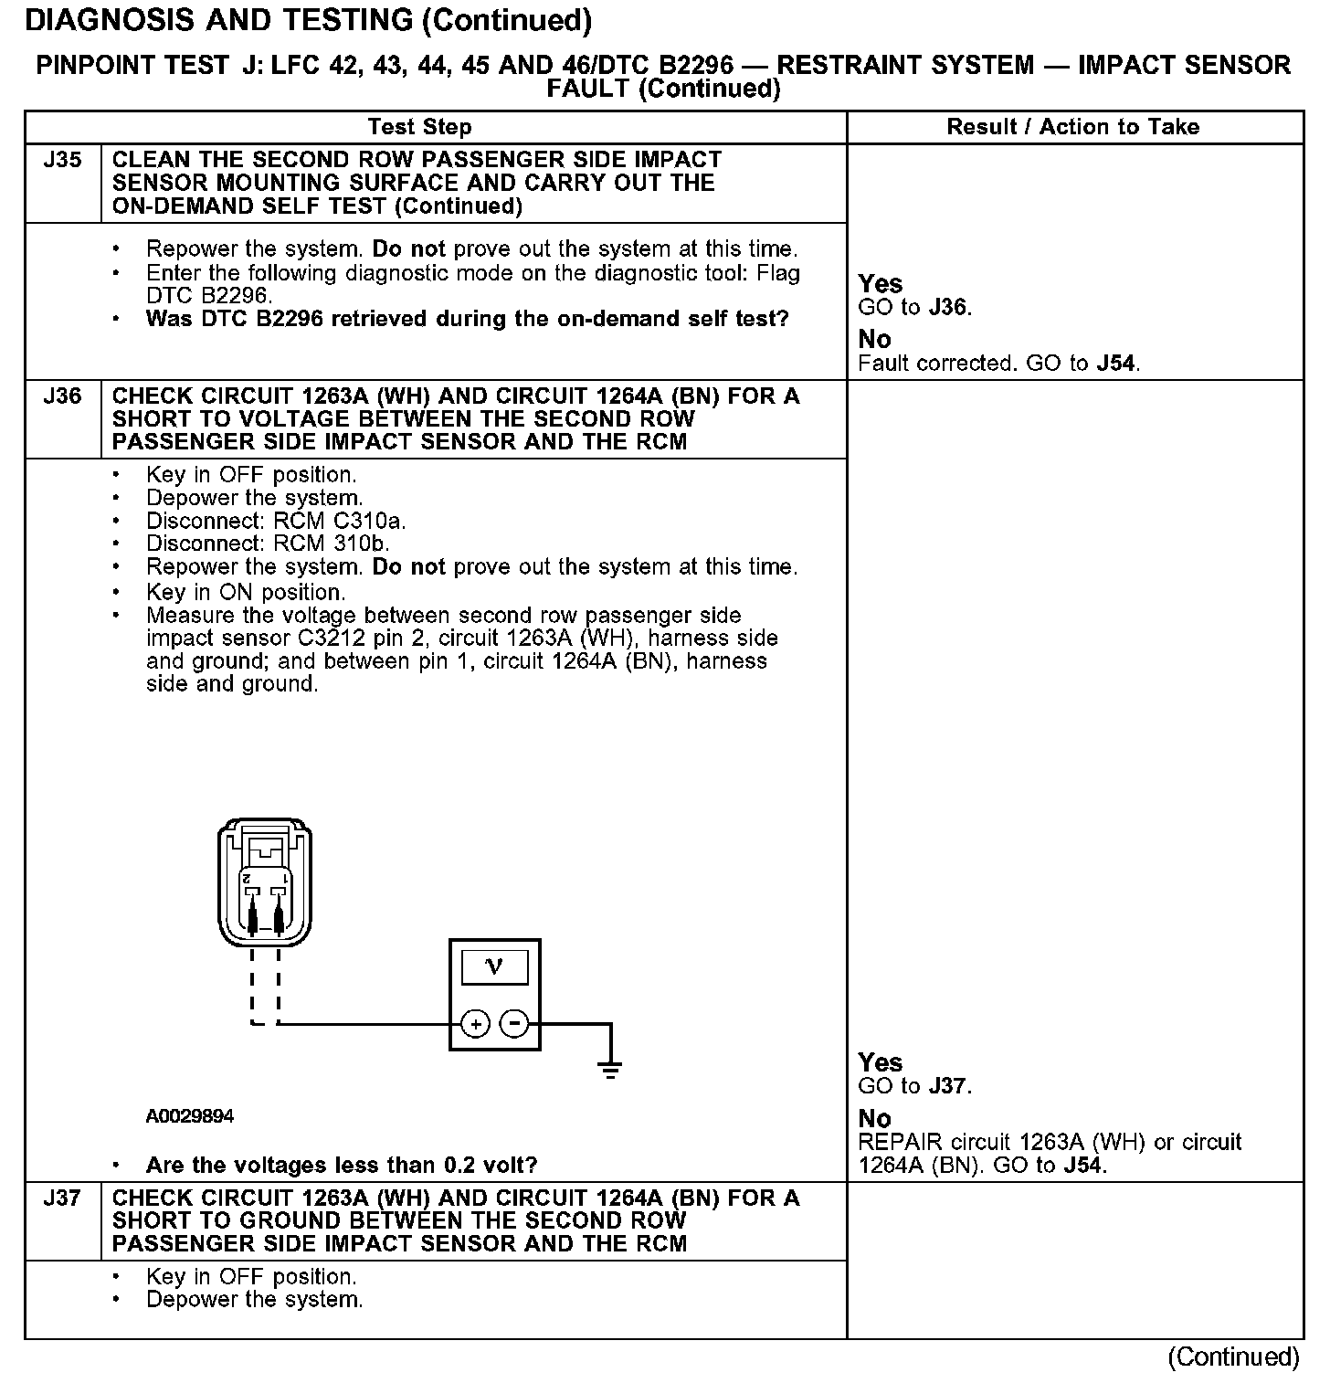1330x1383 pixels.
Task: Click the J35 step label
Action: tap(62, 161)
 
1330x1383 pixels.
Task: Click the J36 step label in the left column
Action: tap(62, 396)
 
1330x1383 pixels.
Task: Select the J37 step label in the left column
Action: tap(62, 1198)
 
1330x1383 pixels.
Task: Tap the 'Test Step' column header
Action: tap(420, 127)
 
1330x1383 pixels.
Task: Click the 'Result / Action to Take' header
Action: tap(1073, 127)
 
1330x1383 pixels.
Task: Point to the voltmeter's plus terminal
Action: tap(475, 1024)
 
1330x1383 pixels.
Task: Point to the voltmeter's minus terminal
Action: tap(515, 1024)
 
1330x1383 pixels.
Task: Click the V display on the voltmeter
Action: tap(494, 966)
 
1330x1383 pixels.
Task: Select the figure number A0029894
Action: tap(189, 1116)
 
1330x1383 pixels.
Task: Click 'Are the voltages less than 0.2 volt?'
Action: tap(342, 1166)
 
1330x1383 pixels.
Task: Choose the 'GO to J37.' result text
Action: tap(915, 1086)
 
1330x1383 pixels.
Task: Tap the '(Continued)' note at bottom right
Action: tap(1233, 1357)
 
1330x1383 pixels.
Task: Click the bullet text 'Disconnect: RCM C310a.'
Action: tap(276, 521)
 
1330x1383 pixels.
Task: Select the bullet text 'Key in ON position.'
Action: tap(246, 592)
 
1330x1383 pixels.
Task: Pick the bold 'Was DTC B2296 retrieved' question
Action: tap(467, 319)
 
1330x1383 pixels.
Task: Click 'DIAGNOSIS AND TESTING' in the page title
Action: tap(219, 20)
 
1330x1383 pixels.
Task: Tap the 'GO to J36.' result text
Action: tap(915, 308)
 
